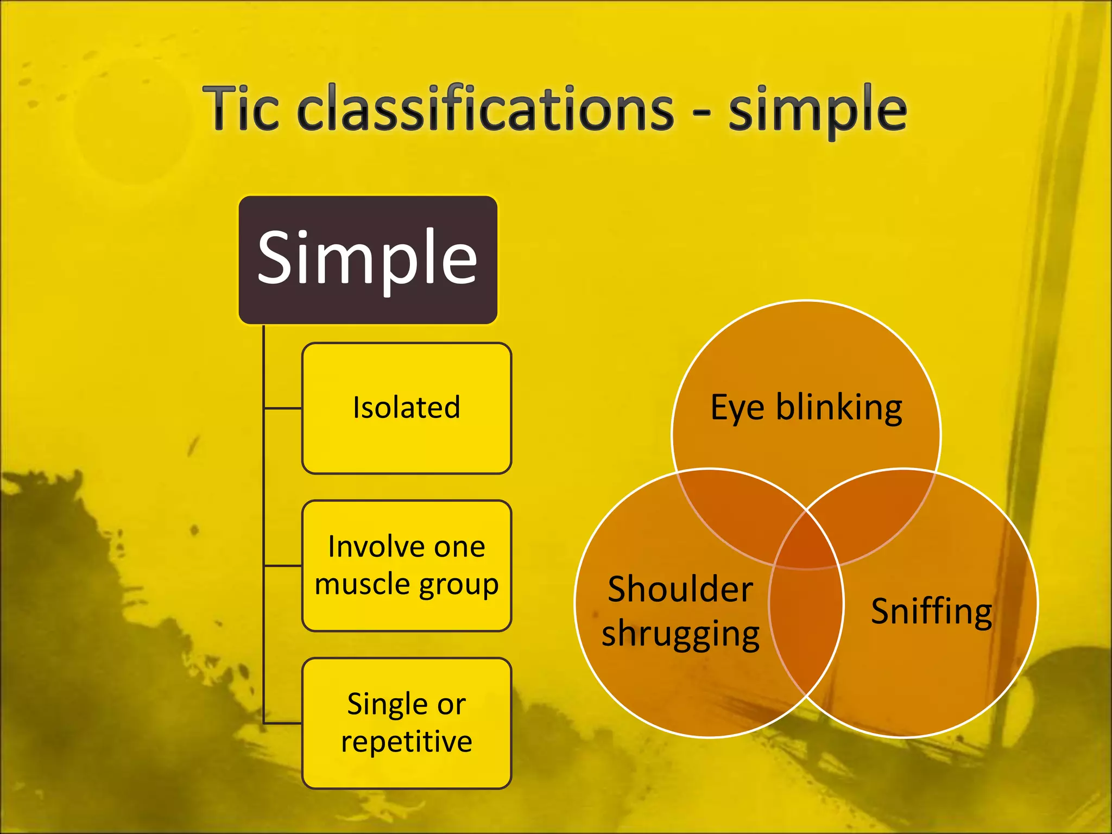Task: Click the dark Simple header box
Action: point(368,260)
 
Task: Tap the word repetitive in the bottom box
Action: point(406,742)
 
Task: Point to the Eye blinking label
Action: point(806,407)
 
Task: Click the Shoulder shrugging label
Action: point(680,611)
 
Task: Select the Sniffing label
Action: point(931,611)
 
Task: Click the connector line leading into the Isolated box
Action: point(283,408)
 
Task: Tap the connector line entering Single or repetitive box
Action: point(283,723)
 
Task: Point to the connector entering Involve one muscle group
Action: point(283,566)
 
